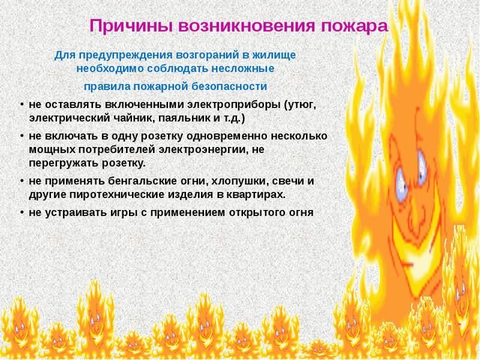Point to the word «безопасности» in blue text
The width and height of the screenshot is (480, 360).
(x=229, y=87)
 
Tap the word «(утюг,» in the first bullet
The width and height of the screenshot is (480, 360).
(x=300, y=105)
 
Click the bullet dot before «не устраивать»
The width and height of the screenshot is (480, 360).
(x=22, y=212)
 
